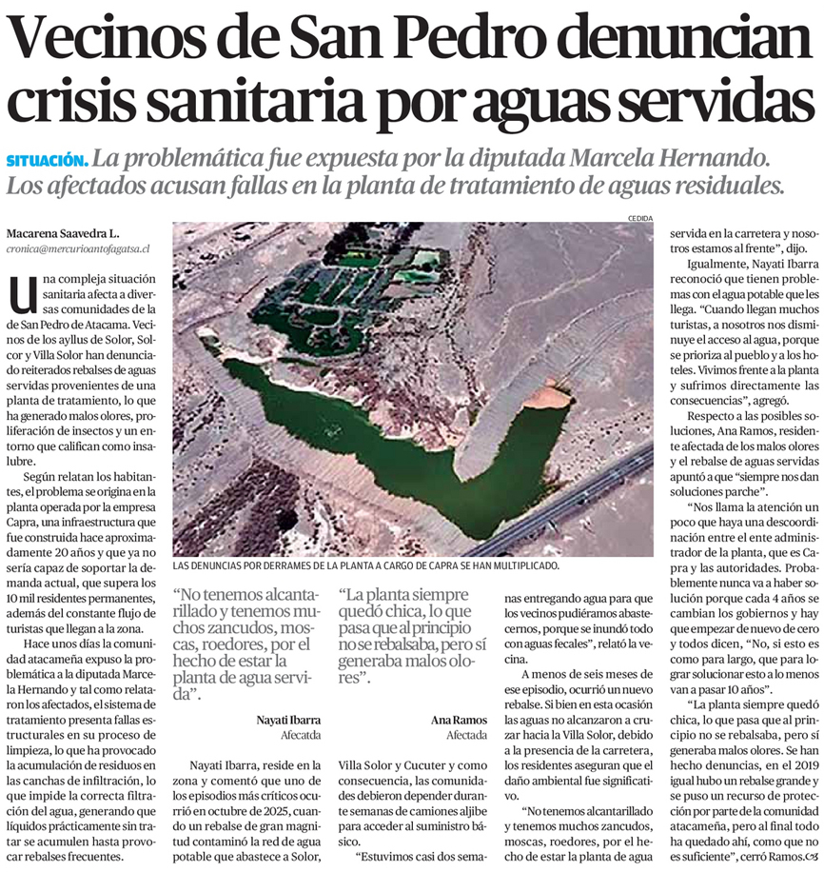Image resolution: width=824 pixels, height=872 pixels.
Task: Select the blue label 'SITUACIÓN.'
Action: [48, 160]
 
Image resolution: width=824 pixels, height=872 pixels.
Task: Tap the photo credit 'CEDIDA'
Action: [640, 219]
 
